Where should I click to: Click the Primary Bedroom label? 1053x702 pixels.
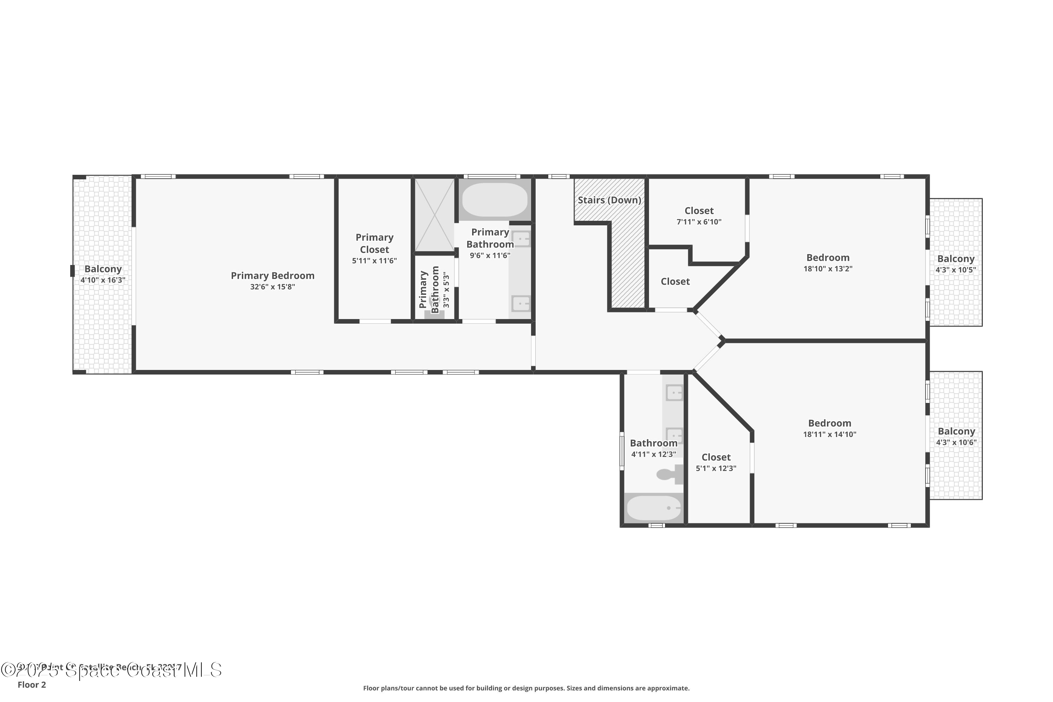click(272, 276)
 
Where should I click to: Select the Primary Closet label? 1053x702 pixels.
click(374, 244)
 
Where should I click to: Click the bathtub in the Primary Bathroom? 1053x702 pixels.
click(494, 200)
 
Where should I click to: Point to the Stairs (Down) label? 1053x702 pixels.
click(609, 200)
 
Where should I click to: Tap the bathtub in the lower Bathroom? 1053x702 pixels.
click(654, 508)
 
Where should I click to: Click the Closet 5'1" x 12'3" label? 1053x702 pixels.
click(716, 457)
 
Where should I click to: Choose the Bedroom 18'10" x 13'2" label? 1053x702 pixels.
click(828, 258)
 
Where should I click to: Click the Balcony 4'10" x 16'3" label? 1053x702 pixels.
click(103, 269)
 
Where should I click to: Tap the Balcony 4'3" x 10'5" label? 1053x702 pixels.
click(956, 259)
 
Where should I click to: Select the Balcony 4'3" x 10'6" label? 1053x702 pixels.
click(956, 431)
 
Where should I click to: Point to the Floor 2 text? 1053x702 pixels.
click(32, 684)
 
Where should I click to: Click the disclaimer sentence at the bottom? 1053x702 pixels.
click(526, 688)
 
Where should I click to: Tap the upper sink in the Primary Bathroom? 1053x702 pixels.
click(521, 239)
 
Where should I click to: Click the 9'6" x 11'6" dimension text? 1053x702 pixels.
click(490, 256)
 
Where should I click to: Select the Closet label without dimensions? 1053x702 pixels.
click(675, 282)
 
